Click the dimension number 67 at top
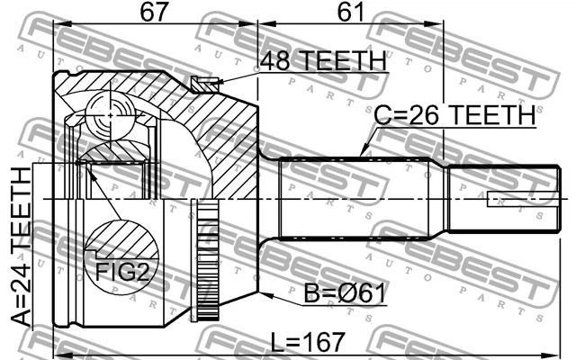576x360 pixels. coord(154,12)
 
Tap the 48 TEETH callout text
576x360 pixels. coord(323,60)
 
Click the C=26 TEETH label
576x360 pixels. coord(454,115)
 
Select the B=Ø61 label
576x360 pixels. coord(345,293)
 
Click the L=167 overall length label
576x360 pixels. coord(308,342)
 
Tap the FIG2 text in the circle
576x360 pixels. coord(122,273)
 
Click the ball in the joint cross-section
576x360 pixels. coord(111,115)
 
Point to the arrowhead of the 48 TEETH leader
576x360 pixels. coord(211,83)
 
